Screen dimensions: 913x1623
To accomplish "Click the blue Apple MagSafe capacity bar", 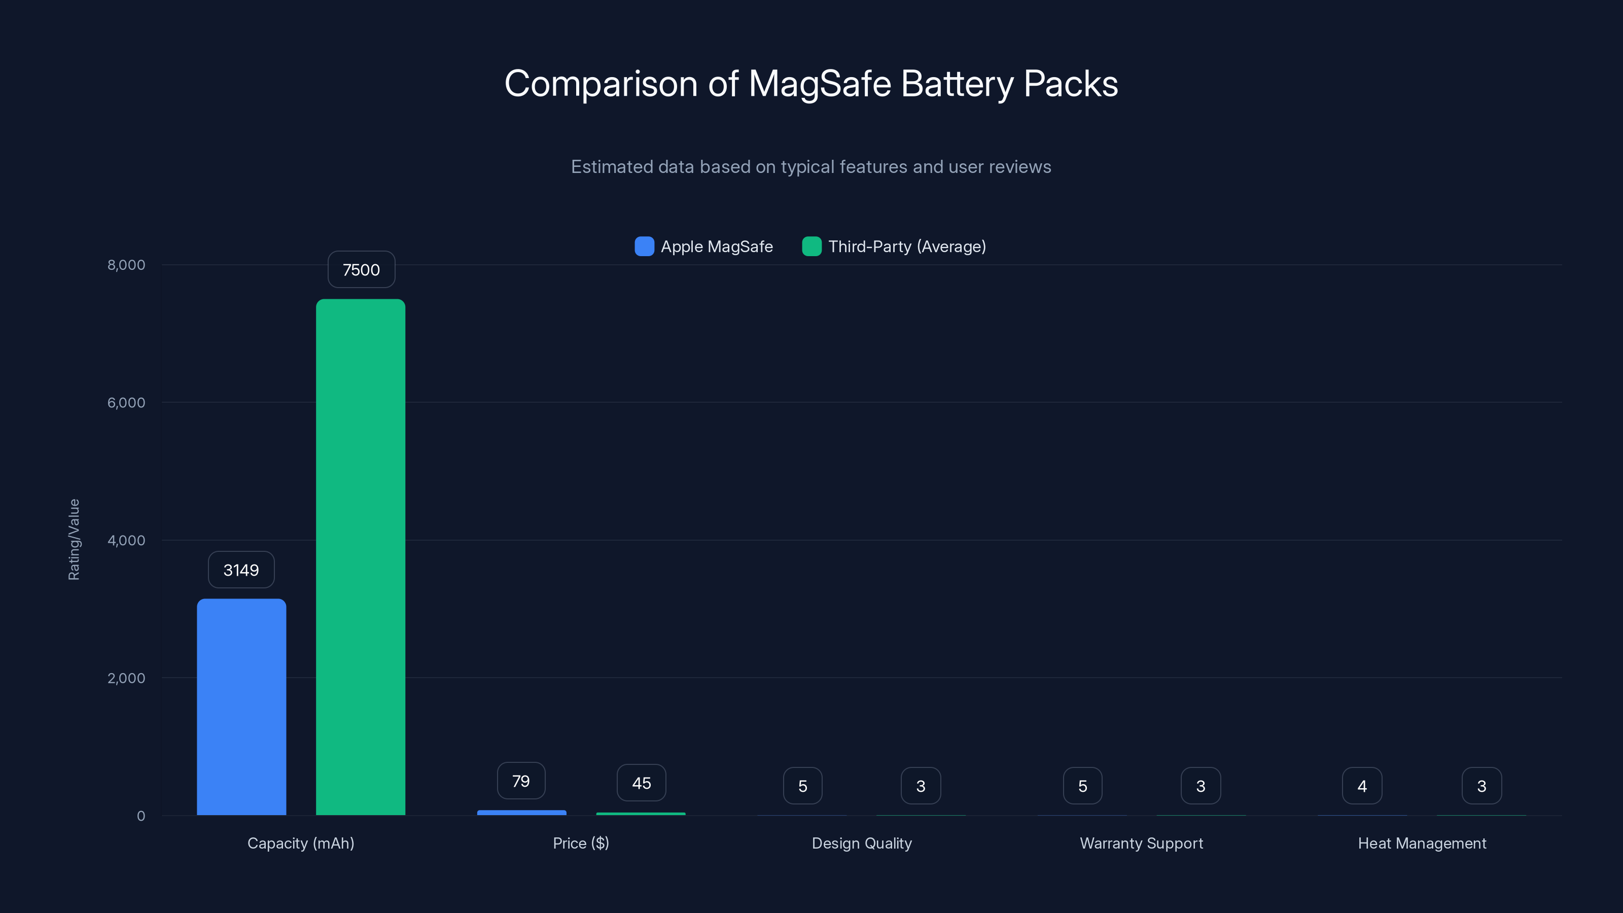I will click(x=241, y=707).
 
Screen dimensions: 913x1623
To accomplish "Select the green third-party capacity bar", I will click(x=361, y=557).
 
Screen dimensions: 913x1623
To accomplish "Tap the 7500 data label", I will click(x=361, y=270).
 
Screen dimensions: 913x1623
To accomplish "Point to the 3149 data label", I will click(x=241, y=570).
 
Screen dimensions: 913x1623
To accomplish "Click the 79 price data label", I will click(x=521, y=781).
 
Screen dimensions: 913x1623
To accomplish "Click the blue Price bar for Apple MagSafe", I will click(x=522, y=813).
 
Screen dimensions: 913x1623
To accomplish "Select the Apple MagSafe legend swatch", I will click(x=644, y=247).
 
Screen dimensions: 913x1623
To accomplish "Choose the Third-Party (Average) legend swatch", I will click(x=811, y=247).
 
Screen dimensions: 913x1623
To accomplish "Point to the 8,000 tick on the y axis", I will click(x=126, y=265).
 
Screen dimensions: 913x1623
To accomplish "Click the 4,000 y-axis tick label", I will click(x=126, y=540).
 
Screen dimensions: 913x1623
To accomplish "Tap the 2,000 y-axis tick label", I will click(x=126, y=678).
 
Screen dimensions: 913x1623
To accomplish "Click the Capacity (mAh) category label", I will click(x=301, y=843).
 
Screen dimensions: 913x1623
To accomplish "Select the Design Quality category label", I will click(x=861, y=843).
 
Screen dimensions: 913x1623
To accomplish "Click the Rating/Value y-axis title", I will click(x=74, y=539).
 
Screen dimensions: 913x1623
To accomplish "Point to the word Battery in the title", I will click(x=957, y=84).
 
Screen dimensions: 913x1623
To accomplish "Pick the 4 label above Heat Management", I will click(x=1361, y=786).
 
